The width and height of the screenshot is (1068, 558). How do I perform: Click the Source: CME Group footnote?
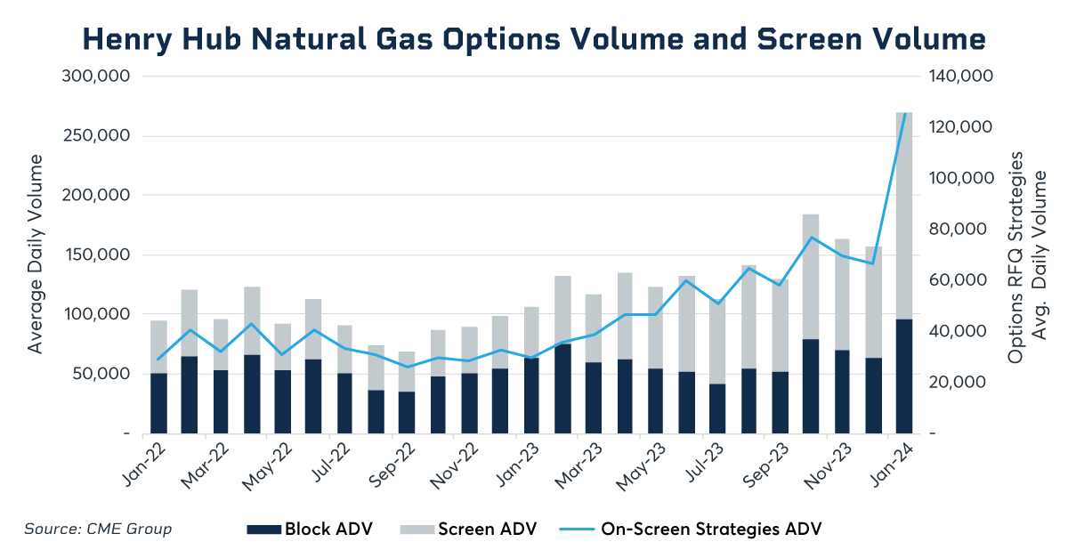[98, 530]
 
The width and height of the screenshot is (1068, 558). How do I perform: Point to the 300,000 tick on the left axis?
[96, 77]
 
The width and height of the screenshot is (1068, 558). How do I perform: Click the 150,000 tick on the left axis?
[96, 255]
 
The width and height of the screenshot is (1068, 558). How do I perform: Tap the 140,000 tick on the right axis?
[960, 77]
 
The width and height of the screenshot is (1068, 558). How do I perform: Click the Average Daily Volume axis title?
[36, 254]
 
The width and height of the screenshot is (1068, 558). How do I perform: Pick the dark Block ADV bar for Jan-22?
[158, 403]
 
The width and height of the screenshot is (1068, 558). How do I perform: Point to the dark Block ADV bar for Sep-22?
[407, 412]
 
